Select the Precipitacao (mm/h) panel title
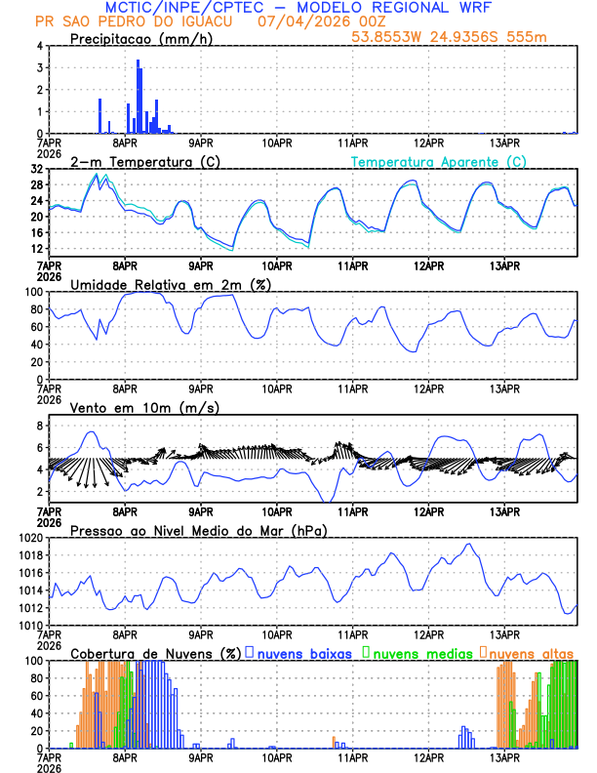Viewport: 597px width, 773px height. point(141,39)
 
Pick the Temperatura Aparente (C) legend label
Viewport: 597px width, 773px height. point(439,162)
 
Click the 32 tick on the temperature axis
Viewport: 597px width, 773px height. point(36,169)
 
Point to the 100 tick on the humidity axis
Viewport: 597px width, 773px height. point(33,292)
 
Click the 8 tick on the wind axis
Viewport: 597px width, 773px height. point(39,426)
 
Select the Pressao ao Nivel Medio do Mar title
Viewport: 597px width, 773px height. point(198,530)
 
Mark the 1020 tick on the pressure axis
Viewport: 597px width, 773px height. point(29,538)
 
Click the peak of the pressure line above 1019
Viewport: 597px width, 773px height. point(468,544)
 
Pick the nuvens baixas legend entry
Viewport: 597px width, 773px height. point(304,653)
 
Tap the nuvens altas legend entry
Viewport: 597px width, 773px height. point(532,653)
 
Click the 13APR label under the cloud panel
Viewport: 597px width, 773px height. point(504,757)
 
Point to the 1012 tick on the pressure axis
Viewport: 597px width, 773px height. point(29,608)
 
